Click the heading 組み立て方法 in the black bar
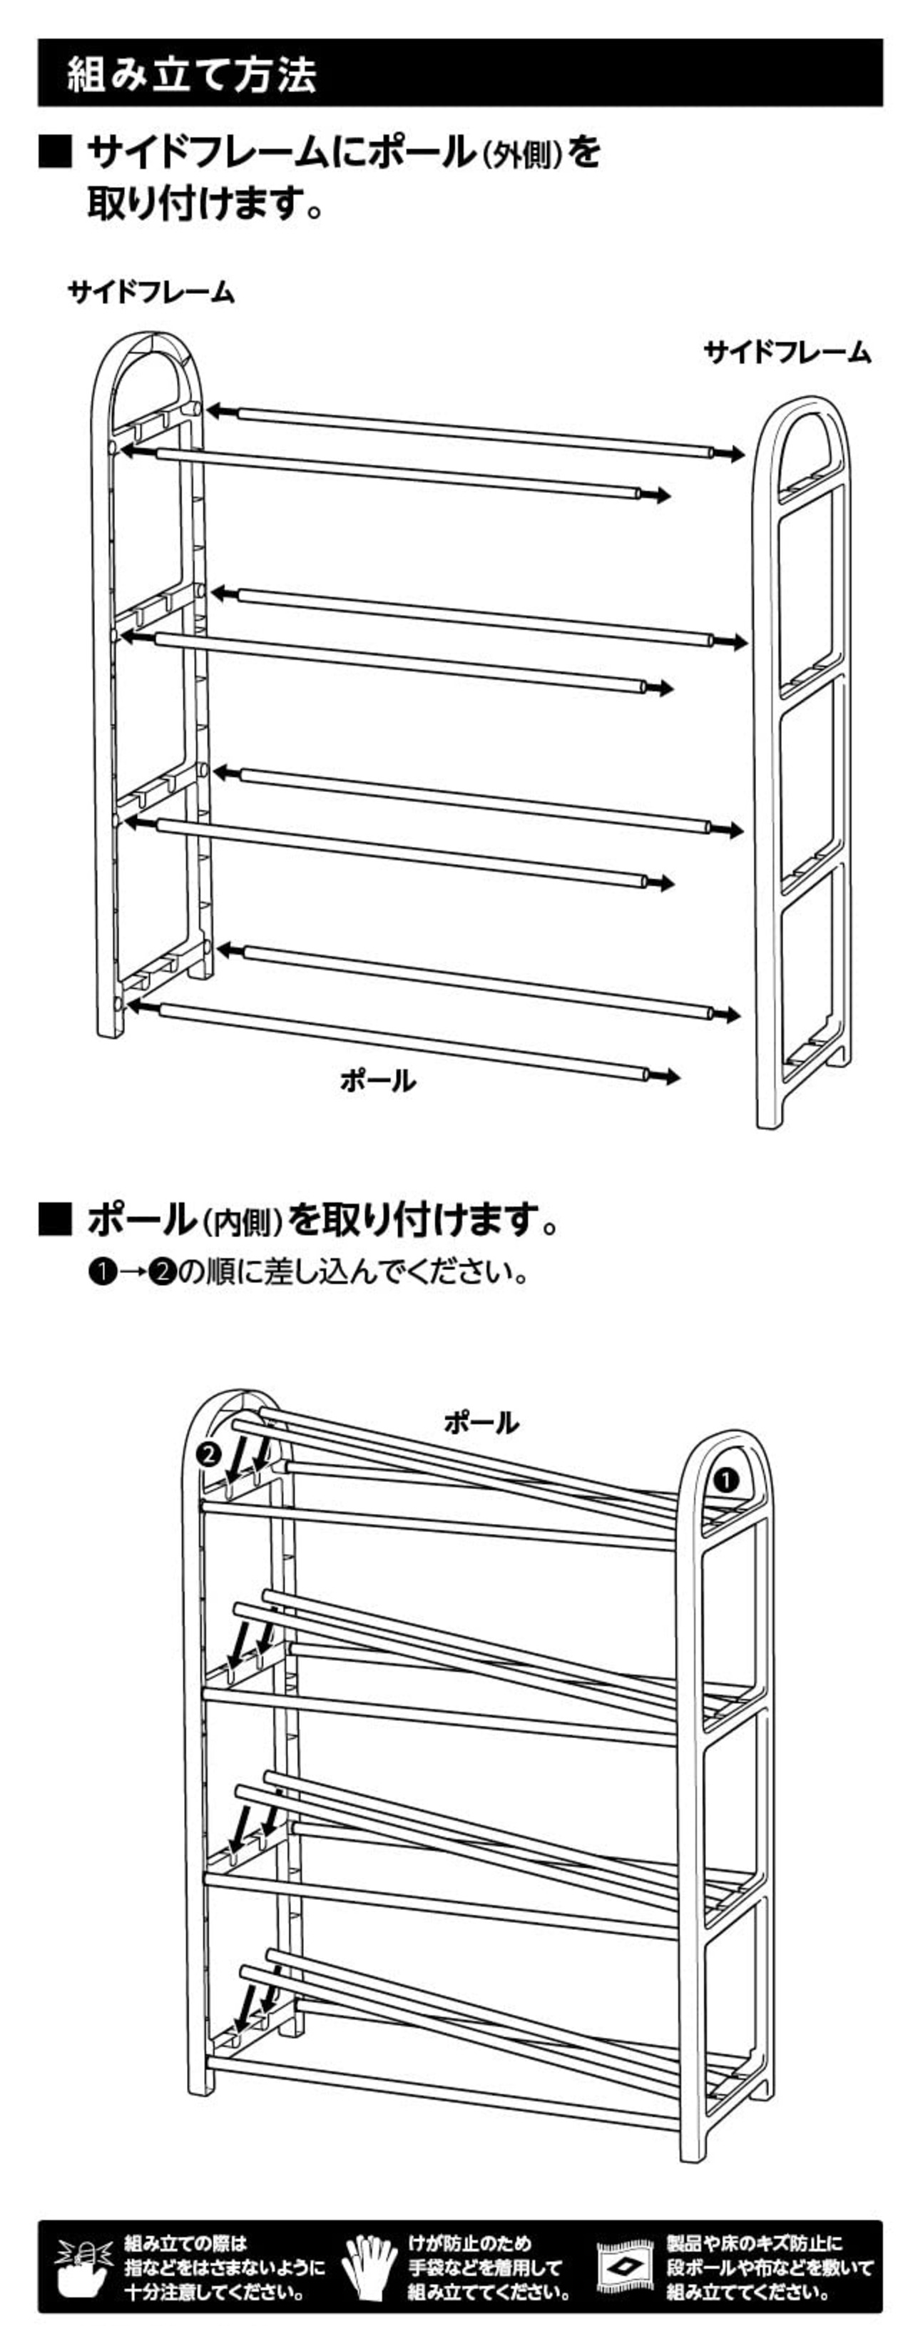click(191, 74)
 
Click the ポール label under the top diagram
click(377, 1080)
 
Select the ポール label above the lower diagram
click(481, 1423)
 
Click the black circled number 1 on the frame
click(726, 1480)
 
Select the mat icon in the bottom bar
click(626, 2266)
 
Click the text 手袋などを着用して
click(485, 2267)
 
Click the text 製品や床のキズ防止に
click(754, 2243)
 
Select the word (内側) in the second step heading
click(241, 1223)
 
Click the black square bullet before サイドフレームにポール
click(55, 152)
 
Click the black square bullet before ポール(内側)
click(55, 1220)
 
